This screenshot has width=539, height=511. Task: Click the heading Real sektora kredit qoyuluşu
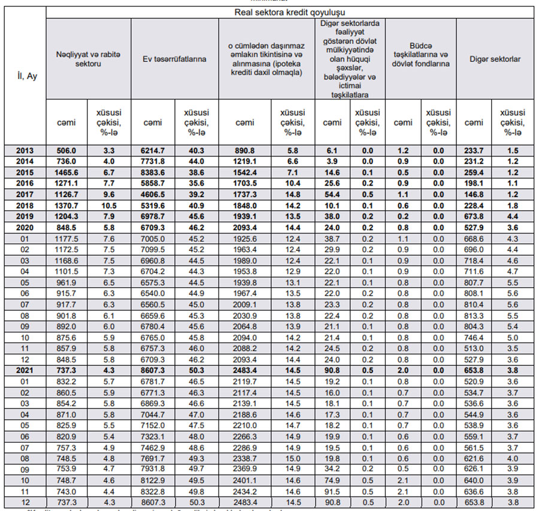click(290, 12)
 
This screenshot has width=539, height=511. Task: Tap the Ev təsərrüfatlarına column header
click(174, 59)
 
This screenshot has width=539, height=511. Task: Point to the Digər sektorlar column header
click(495, 59)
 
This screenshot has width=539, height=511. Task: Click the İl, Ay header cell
click(25, 77)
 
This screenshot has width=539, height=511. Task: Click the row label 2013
click(25, 151)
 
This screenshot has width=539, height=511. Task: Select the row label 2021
click(25, 371)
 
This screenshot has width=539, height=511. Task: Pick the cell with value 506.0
click(66, 151)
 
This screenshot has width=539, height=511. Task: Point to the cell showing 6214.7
click(153, 151)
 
